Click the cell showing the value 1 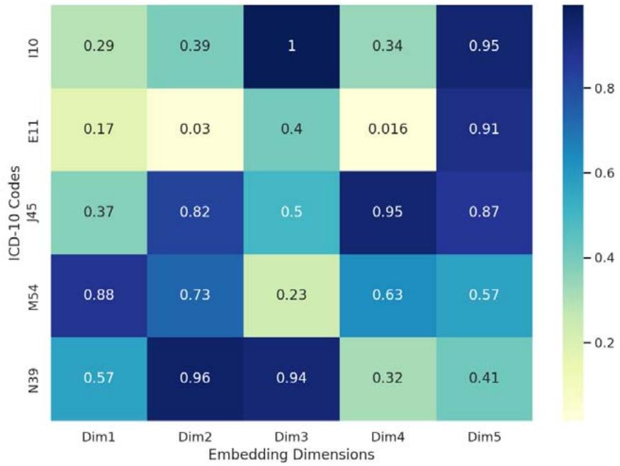[x=291, y=46]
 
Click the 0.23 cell [x=291, y=295]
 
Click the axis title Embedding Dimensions [x=291, y=453]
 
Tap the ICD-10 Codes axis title [x=15, y=212]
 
